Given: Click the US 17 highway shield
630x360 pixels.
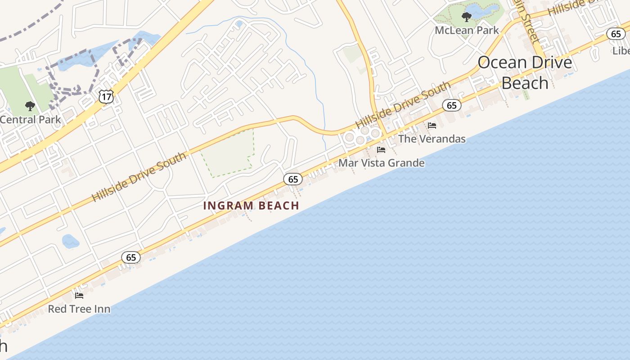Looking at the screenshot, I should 106,96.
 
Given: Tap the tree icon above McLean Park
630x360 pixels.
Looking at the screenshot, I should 466,18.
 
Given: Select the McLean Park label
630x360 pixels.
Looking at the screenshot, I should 467,30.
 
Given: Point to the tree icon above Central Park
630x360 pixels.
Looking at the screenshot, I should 30,107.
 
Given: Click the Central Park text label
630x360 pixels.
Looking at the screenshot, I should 30,119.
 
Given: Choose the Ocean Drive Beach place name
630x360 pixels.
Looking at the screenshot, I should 525,72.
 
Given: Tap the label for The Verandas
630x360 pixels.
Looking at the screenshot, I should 432,139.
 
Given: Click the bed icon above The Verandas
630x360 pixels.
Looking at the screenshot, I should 432,126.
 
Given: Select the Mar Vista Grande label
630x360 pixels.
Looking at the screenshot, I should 381,162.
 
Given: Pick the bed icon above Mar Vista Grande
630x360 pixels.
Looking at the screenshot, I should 381,150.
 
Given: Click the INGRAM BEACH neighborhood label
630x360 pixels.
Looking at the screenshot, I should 251,206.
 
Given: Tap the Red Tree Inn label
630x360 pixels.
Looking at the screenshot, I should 79,309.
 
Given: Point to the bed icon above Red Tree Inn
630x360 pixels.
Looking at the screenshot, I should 79,296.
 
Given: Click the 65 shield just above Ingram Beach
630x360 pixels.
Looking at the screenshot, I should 293,180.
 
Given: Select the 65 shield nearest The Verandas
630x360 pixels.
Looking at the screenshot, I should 451,106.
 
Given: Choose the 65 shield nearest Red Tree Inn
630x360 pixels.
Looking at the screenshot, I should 131,257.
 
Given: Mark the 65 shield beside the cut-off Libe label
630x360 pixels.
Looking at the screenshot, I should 616,34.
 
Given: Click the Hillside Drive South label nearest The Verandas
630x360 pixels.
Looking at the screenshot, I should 402,105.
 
